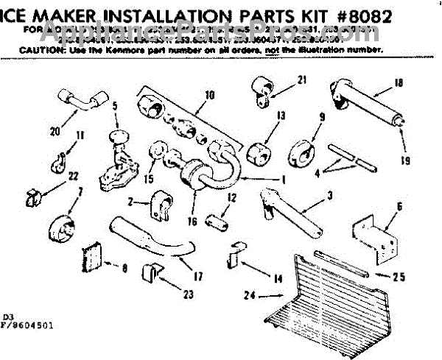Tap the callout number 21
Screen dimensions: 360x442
click(x=301, y=80)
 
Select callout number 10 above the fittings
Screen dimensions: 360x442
click(x=209, y=95)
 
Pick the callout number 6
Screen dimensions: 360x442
click(x=399, y=208)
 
